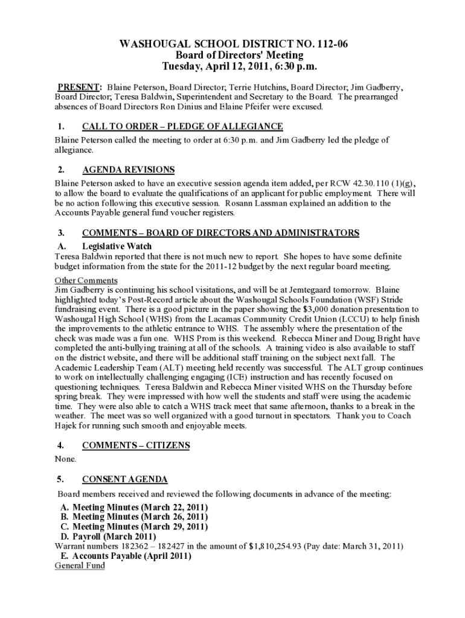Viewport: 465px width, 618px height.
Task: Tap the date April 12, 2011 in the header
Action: [232, 66]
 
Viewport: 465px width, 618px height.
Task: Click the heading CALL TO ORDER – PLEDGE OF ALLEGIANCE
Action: [182, 126]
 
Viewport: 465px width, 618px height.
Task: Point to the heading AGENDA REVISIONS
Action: [128, 170]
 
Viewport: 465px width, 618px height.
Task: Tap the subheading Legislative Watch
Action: [117, 246]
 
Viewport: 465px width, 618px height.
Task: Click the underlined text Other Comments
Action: [86, 281]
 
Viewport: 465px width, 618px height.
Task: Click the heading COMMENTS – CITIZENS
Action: [136, 445]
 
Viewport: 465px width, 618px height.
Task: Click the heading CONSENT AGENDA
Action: [125, 479]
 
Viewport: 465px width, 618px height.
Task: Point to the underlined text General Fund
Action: [80, 565]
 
